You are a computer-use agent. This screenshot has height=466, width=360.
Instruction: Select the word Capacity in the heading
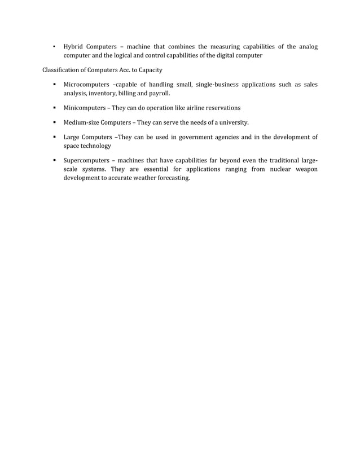(149, 70)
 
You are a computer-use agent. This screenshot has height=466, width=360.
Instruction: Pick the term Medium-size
(82, 122)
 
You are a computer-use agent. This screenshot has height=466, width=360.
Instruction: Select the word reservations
(222, 108)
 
